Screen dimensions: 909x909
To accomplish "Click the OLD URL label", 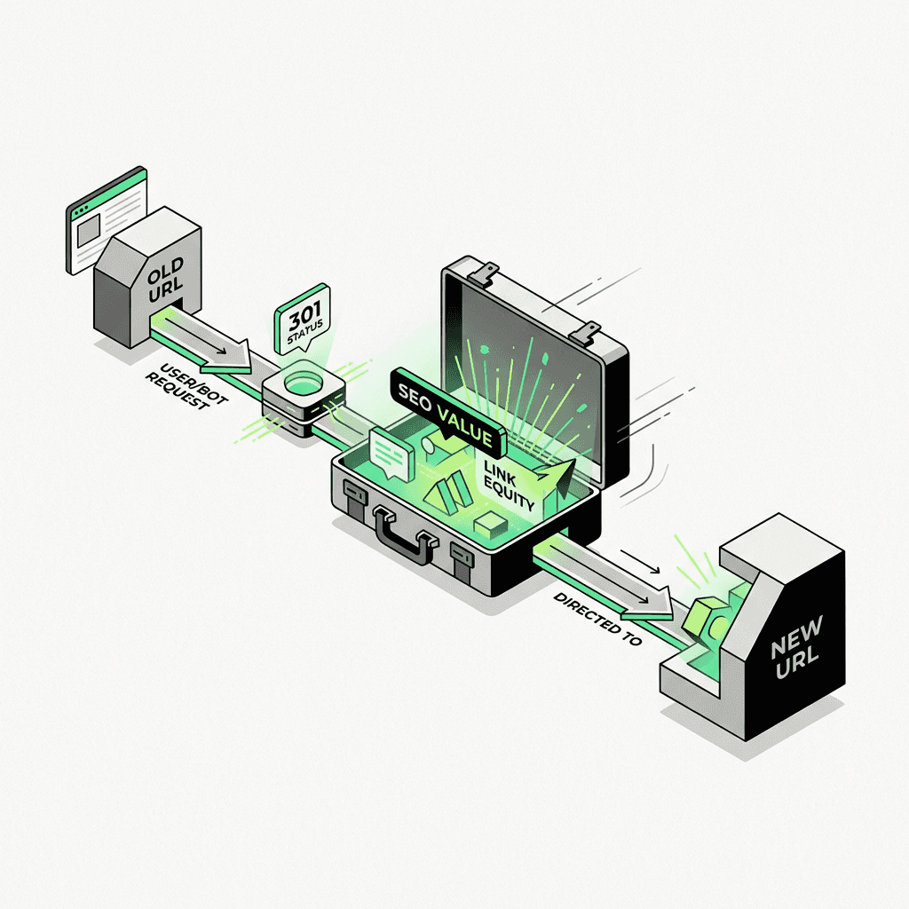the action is tap(166, 280).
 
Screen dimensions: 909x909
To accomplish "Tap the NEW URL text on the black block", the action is tap(796, 646).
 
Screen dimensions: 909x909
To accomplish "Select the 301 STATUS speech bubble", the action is tap(303, 320).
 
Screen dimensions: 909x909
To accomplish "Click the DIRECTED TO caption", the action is tap(597, 619).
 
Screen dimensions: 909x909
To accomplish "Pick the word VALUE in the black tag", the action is tap(465, 426).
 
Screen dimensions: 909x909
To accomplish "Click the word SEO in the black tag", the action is tap(415, 399).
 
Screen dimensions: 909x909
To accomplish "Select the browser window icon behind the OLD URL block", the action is tap(107, 220).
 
